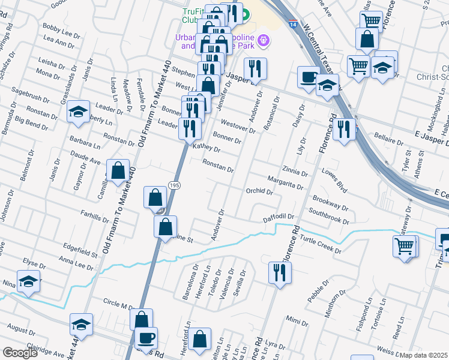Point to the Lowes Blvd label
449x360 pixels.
(334, 181)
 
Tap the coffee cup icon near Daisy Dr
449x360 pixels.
(309, 77)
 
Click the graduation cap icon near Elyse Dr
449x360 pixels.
(28, 281)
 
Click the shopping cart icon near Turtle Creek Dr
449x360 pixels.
(404, 245)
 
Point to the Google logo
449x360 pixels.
(20, 353)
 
